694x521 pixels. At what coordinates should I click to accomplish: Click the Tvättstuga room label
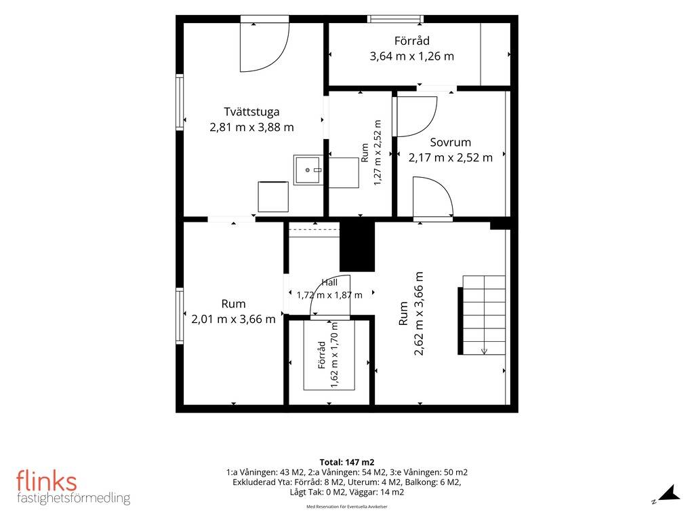tap(251, 112)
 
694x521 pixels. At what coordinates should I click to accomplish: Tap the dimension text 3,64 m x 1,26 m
tap(411, 56)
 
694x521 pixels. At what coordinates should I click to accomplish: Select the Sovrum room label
tap(451, 142)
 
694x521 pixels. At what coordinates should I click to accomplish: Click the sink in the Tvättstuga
tap(308, 170)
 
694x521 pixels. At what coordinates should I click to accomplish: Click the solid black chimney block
tap(357, 246)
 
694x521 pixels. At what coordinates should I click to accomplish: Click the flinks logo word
tap(47, 481)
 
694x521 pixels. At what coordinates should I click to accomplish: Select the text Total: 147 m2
tap(347, 463)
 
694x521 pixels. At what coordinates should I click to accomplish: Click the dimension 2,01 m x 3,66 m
tap(233, 319)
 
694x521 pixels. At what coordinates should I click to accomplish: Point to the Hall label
tap(329, 283)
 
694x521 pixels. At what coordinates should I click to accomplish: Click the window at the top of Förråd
tap(395, 18)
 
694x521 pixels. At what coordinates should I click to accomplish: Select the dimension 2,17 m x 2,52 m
tap(451, 157)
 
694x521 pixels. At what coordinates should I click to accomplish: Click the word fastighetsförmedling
tap(73, 498)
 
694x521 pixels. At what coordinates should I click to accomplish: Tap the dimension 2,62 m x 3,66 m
tap(418, 313)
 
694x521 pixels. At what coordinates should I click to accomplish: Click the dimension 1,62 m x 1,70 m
tap(334, 355)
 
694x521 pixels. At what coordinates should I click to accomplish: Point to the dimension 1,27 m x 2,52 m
tap(377, 153)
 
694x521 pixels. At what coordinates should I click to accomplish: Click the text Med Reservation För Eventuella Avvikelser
tap(347, 507)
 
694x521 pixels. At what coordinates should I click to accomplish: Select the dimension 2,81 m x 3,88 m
tap(251, 127)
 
